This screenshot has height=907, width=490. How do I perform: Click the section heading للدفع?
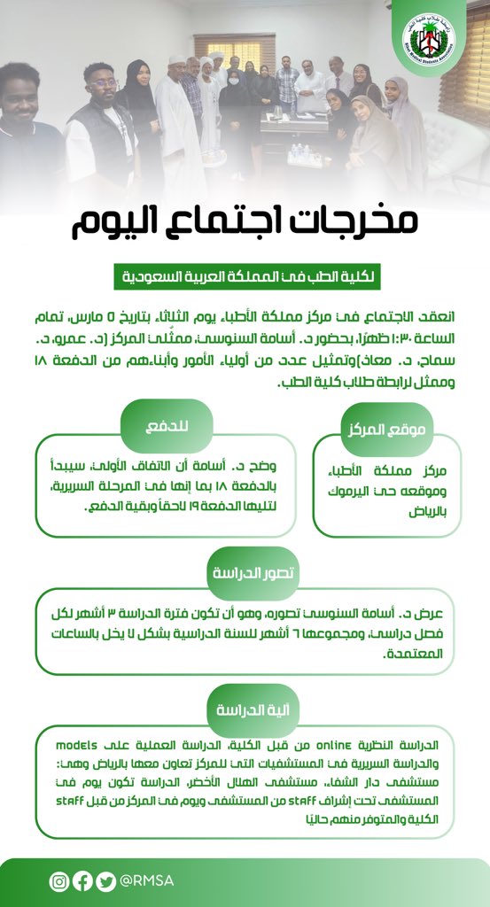click(x=167, y=425)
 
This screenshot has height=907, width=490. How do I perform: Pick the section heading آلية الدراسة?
click(x=245, y=709)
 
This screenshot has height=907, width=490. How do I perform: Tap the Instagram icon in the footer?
click(x=58, y=881)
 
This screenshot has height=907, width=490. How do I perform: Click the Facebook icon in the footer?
click(x=82, y=881)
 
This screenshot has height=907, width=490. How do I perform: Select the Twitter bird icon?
click(x=105, y=881)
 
